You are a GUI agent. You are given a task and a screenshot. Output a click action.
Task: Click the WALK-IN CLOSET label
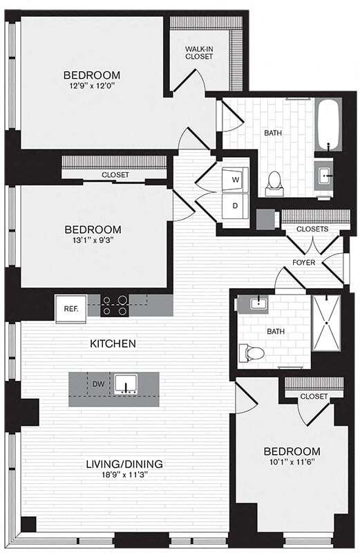(x=199, y=53)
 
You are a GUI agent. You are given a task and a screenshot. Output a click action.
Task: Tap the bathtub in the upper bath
(x=328, y=124)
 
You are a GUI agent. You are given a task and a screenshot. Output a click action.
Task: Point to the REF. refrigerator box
(x=70, y=308)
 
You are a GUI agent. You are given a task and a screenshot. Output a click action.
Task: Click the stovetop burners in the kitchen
(x=115, y=306)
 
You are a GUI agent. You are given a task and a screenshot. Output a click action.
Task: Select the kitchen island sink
(x=126, y=384)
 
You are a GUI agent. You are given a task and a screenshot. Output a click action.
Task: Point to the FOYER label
(x=304, y=262)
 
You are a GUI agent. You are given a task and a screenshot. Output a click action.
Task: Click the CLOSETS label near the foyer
(x=312, y=229)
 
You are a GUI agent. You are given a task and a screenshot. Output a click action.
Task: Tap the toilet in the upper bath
(x=274, y=181)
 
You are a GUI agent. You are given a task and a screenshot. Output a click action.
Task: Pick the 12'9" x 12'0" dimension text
(x=92, y=87)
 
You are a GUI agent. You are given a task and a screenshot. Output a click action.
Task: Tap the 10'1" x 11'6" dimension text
(x=291, y=463)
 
